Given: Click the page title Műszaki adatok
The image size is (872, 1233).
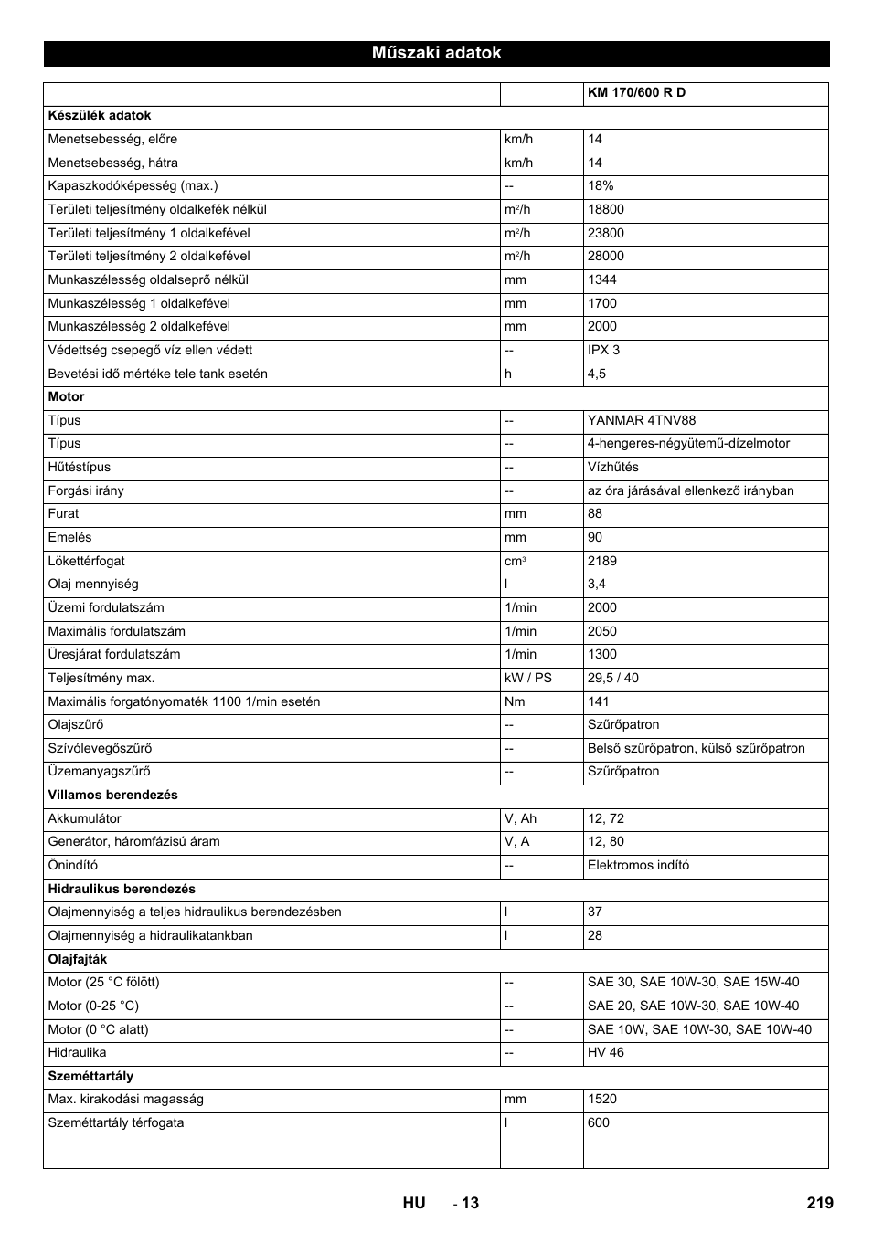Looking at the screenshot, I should tap(436, 53).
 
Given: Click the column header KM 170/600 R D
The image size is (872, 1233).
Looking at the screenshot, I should tap(636, 93).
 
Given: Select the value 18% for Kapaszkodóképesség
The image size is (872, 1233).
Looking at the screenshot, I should tap(601, 186).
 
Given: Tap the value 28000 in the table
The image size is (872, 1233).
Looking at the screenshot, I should tap(606, 257).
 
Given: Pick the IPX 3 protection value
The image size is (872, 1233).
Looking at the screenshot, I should tap(603, 351).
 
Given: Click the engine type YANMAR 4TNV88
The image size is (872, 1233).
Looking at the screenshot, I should tap(641, 421).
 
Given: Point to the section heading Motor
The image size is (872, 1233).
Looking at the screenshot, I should tap(66, 397).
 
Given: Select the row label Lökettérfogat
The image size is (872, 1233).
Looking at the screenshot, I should tap(86, 562).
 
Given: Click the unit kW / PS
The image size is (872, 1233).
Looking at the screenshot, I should tap(528, 679).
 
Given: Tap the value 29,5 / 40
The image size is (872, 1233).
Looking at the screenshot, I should tap(613, 679).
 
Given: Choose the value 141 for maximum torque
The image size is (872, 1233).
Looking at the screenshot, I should tap(598, 702).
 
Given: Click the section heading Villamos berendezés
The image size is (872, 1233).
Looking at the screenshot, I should tap(112, 796).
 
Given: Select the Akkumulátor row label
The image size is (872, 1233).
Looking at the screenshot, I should tap(84, 819).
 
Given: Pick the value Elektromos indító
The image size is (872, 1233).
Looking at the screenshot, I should tap(638, 866).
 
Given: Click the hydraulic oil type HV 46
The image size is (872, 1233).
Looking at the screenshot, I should tap(606, 1053).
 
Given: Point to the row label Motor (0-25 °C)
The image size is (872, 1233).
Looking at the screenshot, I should tap(93, 1006).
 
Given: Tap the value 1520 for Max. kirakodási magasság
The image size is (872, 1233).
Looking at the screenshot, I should tap(602, 1100).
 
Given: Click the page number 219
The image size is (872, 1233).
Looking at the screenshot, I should tap(820, 1203).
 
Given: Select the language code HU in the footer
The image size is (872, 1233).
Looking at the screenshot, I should tap(414, 1203).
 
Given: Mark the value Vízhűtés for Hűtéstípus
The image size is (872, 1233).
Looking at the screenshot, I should tap(613, 468).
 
